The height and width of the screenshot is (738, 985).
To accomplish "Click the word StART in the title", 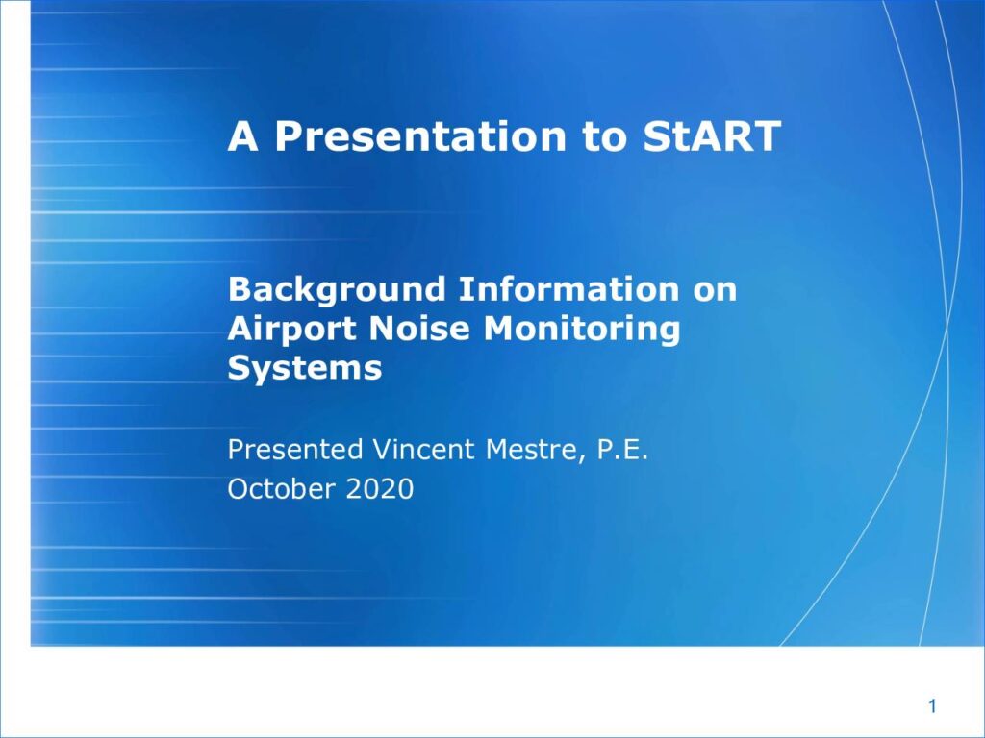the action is [x=712, y=135].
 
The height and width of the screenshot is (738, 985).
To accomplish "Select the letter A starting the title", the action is [x=243, y=135].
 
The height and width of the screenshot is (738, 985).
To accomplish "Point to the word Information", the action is [x=568, y=289].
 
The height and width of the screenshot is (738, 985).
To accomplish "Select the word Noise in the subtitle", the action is [x=420, y=329].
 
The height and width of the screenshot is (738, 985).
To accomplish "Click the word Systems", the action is [x=305, y=369].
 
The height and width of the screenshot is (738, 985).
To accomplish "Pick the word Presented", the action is [x=295, y=450].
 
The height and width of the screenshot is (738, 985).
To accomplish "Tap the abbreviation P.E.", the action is [x=622, y=450].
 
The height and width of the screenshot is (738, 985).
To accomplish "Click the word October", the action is [x=281, y=489].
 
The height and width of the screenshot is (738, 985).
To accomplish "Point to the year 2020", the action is [x=379, y=489].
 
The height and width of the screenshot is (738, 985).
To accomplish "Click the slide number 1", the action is [x=932, y=706].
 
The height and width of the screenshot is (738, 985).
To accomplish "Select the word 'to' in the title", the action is [x=604, y=136].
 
